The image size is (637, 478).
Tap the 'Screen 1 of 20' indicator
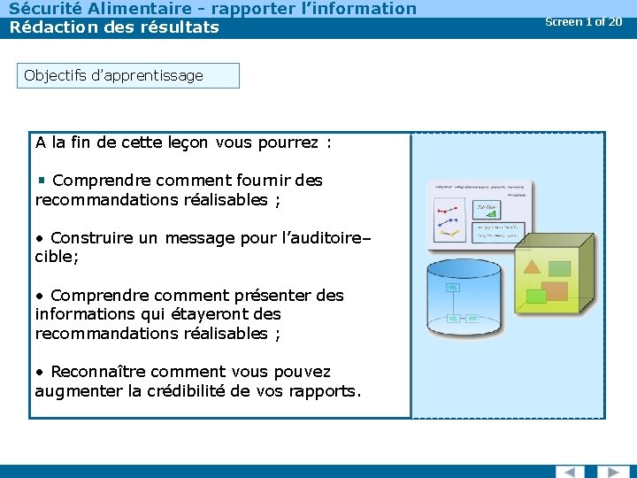(x=583, y=21)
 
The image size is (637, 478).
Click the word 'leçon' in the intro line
(x=185, y=143)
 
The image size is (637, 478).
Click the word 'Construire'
(x=93, y=238)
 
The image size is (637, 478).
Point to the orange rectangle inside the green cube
(x=555, y=290)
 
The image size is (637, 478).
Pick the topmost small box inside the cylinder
(x=452, y=288)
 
